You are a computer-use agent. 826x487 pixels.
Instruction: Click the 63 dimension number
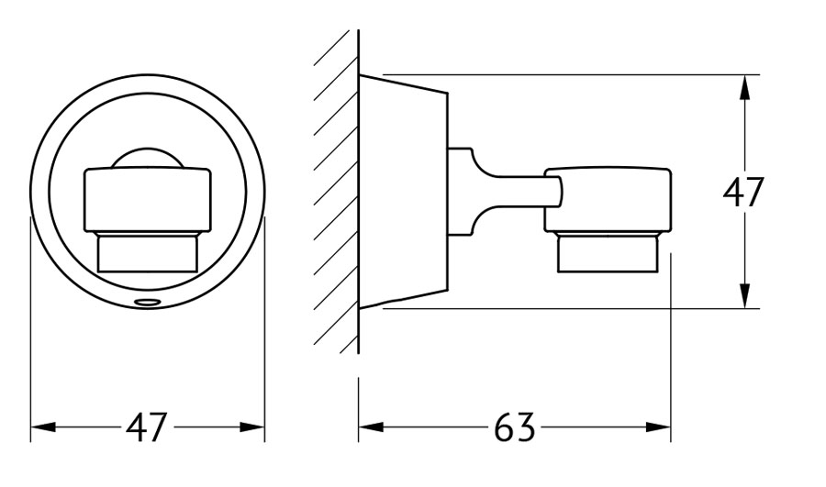[514, 427]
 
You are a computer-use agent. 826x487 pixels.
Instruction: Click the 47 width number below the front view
[146, 427]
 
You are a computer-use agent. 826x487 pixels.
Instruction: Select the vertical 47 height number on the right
[742, 193]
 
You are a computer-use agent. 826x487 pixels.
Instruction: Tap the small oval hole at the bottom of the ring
[148, 303]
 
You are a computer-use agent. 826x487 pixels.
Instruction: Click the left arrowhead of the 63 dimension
[371, 427]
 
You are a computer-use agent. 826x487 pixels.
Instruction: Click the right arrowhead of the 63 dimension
[658, 427]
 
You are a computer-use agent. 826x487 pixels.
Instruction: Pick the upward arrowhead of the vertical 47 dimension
[743, 87]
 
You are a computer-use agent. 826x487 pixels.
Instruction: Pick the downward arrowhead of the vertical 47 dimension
[743, 295]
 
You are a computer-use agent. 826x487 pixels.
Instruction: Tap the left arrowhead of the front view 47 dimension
[43, 427]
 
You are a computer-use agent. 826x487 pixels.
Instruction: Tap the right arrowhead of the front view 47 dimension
[251, 427]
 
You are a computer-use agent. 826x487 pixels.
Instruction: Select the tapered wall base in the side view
[403, 192]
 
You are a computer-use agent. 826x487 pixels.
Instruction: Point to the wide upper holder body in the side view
[608, 200]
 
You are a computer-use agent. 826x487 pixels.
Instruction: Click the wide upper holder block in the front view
[148, 200]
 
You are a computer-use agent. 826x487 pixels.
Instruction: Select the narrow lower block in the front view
[148, 252]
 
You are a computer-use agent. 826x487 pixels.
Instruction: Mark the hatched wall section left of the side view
[336, 192]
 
